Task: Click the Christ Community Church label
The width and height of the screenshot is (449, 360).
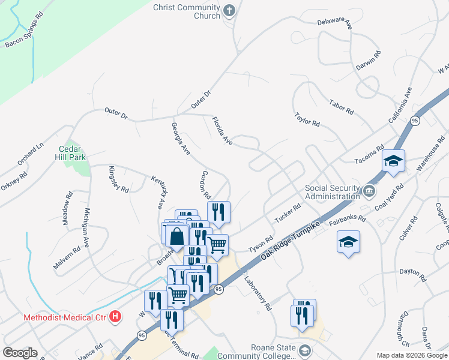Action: click(187, 11)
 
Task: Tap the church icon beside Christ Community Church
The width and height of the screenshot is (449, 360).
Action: click(229, 10)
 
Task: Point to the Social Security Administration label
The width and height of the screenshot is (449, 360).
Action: click(332, 191)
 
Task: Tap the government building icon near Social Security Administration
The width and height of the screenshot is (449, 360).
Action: click(369, 191)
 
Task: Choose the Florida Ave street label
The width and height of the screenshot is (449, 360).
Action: click(221, 130)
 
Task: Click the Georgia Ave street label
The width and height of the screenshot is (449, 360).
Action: click(180, 139)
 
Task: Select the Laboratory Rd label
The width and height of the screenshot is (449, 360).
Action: click(258, 292)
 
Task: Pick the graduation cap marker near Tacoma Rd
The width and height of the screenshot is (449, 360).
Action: click(393, 161)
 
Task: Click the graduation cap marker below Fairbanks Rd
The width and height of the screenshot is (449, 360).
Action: click(348, 242)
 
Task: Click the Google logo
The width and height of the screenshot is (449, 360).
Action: click(20, 352)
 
